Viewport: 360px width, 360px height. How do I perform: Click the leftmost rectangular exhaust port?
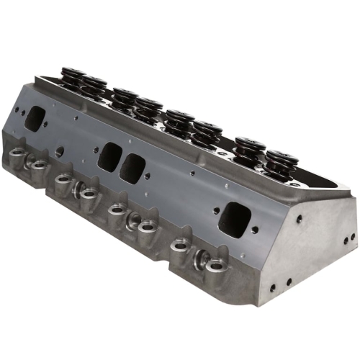click(x=34, y=119)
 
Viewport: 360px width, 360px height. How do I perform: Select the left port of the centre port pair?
click(x=109, y=156)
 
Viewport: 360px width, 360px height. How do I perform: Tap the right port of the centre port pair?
click(x=132, y=168)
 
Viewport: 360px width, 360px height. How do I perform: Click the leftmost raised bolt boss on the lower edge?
click(x=16, y=152)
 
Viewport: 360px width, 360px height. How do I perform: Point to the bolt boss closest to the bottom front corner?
click(x=216, y=264)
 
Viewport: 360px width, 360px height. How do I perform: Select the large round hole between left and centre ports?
click(x=59, y=152)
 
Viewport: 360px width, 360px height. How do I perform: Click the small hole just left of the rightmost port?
click(x=214, y=211)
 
